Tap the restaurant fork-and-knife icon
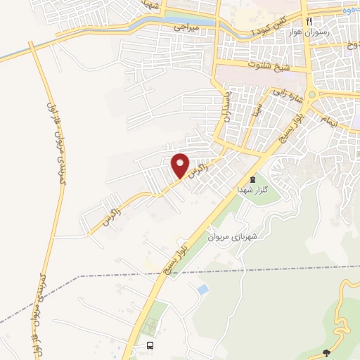(309, 20)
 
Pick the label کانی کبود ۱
(274, 25)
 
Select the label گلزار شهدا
(252, 190)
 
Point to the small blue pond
(203, 289)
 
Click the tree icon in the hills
(326, 352)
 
